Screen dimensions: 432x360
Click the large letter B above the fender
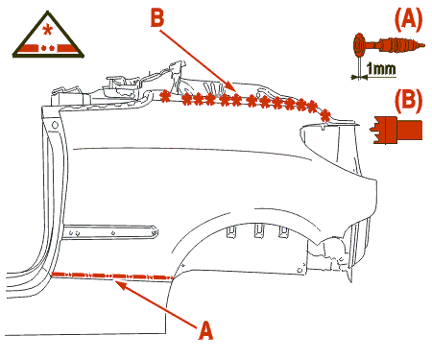[157, 18]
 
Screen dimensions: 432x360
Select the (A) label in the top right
[408, 19]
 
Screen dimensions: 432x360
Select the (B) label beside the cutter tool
[408, 101]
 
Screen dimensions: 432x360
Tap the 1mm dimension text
[381, 69]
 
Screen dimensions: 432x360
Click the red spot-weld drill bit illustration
[389, 46]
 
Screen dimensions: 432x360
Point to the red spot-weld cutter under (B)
[396, 130]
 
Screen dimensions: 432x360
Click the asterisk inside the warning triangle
[47, 31]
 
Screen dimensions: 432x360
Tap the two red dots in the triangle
[48, 49]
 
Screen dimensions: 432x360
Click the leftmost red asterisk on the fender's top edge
[165, 96]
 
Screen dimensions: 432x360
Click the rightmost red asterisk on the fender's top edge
[325, 115]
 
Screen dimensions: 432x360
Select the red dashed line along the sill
[112, 276]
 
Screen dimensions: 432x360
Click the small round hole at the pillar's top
[55, 125]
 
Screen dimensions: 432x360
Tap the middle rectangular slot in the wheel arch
[259, 230]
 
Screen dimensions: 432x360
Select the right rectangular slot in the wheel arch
[283, 231]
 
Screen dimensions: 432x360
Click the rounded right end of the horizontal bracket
[155, 231]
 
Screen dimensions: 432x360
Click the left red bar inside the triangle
[28, 48]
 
